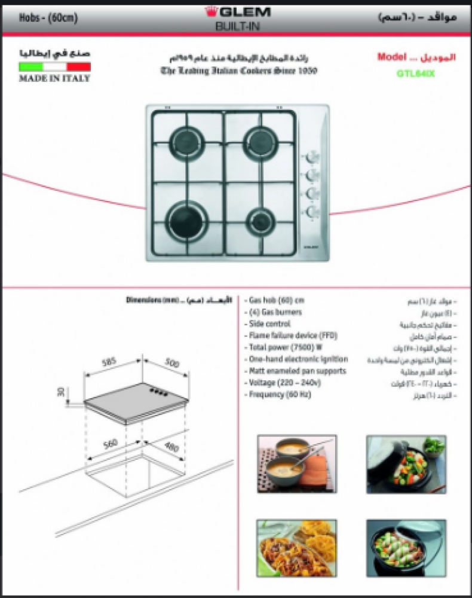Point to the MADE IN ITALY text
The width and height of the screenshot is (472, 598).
point(54,78)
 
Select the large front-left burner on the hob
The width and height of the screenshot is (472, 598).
point(183,218)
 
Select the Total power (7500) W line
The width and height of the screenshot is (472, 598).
point(286,347)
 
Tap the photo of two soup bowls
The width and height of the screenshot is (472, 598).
point(297,463)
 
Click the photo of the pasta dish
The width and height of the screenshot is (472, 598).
point(297,548)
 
